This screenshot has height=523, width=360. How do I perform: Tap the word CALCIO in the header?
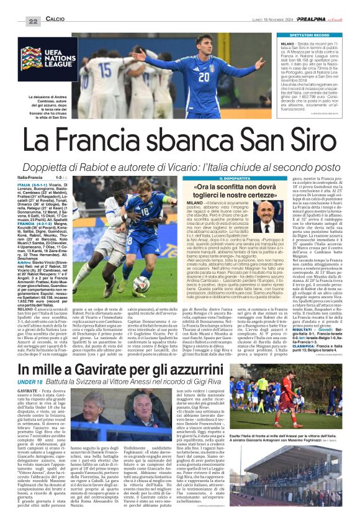click(x=55, y=21)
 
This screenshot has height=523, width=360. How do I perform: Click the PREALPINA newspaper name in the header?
click(x=317, y=20)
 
